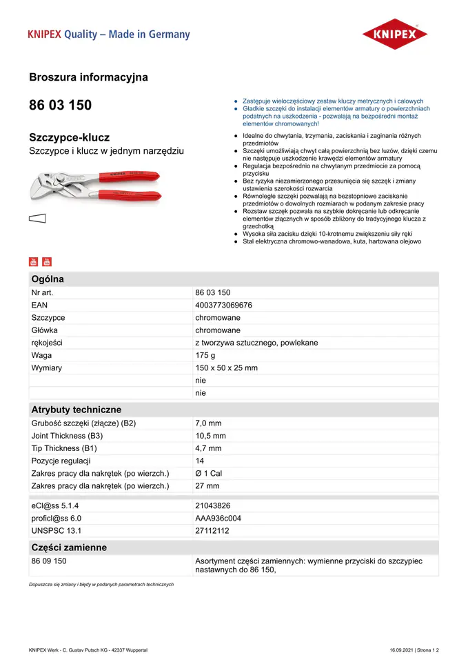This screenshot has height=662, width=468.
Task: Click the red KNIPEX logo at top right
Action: click(395, 34)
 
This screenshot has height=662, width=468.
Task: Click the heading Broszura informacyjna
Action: click(88, 77)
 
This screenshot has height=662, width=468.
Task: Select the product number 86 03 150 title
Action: click(60, 106)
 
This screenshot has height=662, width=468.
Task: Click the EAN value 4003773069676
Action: click(223, 305)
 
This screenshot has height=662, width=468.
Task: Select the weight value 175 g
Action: click(205, 355)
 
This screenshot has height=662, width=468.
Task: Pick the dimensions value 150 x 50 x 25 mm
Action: click(226, 368)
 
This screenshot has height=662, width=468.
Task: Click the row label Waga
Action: click(41, 355)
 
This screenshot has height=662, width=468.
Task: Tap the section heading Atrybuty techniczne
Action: click(76, 410)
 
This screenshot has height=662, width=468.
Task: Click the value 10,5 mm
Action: click(210, 436)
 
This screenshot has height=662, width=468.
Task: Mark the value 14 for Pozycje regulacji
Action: click(200, 461)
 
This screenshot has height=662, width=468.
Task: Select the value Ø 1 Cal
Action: click(209, 473)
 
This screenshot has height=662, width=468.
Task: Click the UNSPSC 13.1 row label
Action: click(56, 530)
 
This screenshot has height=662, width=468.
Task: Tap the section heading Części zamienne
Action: click(69, 548)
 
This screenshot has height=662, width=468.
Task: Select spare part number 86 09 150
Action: click(49, 561)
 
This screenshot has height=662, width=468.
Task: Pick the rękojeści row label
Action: click(47, 343)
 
